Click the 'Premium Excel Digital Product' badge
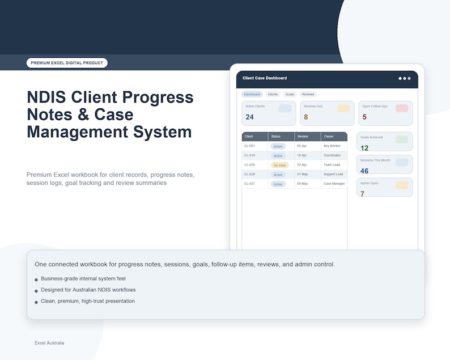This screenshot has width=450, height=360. (x=67, y=63)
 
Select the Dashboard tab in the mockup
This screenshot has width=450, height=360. (x=252, y=94)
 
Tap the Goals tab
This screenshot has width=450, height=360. (x=290, y=94)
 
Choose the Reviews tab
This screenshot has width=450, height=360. (x=308, y=94)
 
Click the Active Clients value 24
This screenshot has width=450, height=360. (x=250, y=117)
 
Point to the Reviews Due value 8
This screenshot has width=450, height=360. (x=306, y=117)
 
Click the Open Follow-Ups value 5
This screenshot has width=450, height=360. (x=364, y=117)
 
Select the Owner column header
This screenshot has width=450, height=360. (x=329, y=137)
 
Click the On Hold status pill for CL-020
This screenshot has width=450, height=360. (x=279, y=165)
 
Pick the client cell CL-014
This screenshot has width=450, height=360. (x=249, y=155)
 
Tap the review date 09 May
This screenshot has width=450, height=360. (x=302, y=184)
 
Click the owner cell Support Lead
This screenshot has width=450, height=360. (x=333, y=175)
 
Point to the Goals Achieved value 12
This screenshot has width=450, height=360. (x=364, y=148)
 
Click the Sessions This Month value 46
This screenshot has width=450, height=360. (x=364, y=171)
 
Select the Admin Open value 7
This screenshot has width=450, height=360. (x=363, y=194)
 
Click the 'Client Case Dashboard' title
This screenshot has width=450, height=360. (x=265, y=78)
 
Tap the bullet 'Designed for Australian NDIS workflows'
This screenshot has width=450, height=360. (x=88, y=290)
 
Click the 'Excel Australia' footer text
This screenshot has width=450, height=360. (x=49, y=343)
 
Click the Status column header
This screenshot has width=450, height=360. (x=275, y=137)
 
